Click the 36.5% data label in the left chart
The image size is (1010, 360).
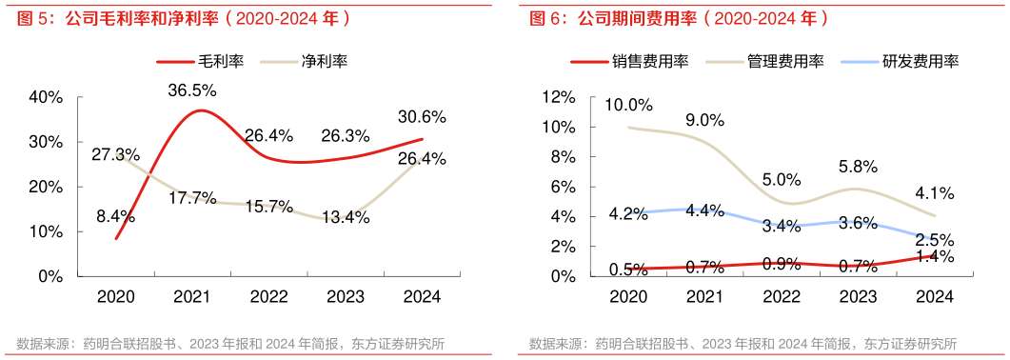191,90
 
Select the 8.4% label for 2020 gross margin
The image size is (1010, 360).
115,216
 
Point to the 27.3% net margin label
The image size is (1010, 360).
116,153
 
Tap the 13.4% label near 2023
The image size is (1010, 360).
345,218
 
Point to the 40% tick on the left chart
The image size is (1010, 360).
46,97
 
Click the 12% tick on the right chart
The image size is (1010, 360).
558,97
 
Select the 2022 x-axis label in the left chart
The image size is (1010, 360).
268,297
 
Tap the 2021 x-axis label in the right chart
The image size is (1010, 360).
704,297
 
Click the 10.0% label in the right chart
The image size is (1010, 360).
628,105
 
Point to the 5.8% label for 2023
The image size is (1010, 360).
858,166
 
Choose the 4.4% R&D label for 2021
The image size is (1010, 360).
704,211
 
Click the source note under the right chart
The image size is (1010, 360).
743,344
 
